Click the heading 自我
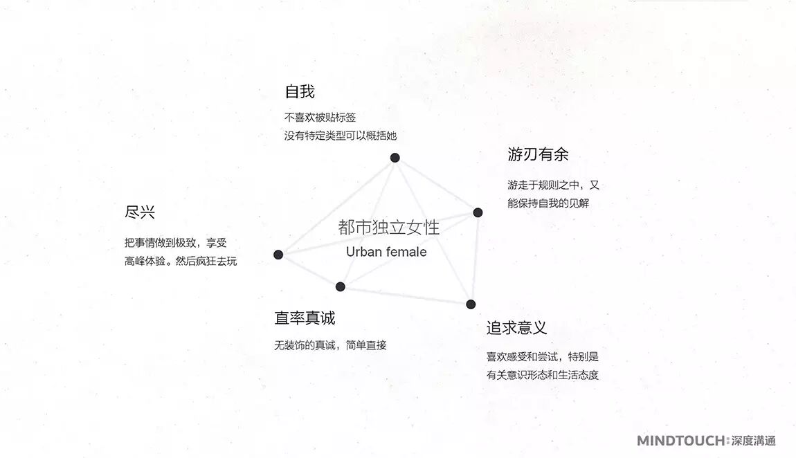tap(300, 92)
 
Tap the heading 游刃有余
tap(538, 155)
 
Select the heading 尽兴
tap(140, 212)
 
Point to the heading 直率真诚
tap(305, 318)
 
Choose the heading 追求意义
tap(516, 328)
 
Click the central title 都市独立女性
tap(388, 228)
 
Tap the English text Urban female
tap(386, 252)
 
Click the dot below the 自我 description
tap(395, 158)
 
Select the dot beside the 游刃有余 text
tap(478, 212)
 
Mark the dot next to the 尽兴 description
tap(278, 255)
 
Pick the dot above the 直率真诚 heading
tap(340, 286)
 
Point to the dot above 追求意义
tap(471, 304)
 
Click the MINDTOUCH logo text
tap(681, 441)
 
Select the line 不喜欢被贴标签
tap(320, 118)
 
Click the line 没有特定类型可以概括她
tap(341, 136)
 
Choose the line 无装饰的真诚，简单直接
tap(330, 345)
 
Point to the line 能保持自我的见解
tap(548, 203)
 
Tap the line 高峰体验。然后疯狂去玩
tap(181, 262)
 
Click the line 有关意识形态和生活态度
tap(542, 375)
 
